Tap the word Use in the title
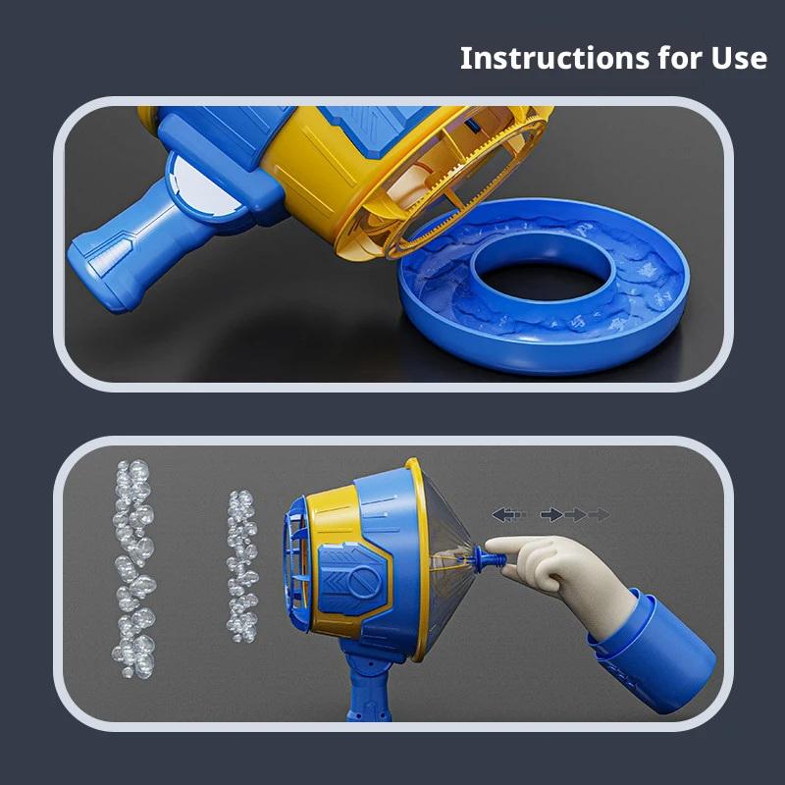[x=739, y=58]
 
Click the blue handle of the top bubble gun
[x=126, y=250]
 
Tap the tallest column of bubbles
[x=133, y=569]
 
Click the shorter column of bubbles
[x=242, y=566]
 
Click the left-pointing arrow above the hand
[x=504, y=514]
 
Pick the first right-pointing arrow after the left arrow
[x=551, y=514]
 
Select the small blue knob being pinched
[x=487, y=557]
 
